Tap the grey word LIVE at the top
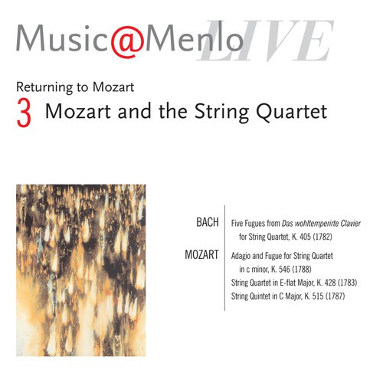pos(267,41)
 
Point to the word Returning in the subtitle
pos(43,87)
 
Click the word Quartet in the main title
pos(295,111)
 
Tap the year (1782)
pos(340,237)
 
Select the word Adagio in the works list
pos(244,254)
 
